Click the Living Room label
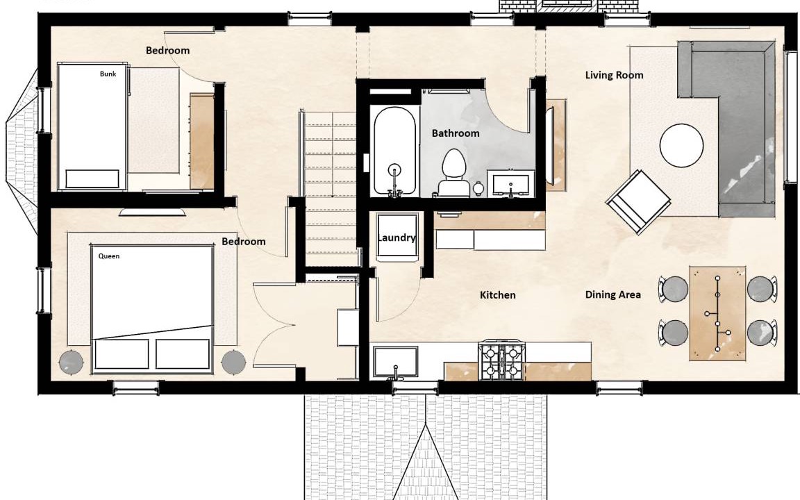pos(614,75)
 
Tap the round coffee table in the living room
pos(682,145)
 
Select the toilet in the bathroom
pos(453,172)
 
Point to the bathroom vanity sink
pos(510,183)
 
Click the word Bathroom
pos(456,133)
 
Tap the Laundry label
pos(397,237)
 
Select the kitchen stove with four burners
pos(501,362)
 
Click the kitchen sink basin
pos(395,362)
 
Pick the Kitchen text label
pos(497,295)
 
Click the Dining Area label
pos(612,294)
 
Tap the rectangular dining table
pos(717,312)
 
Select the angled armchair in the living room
pos(637,202)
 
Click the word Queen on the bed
pos(108,256)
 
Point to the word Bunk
pos(108,74)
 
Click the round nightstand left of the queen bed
pos(72,362)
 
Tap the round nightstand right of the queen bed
pos(233,362)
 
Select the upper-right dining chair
pos(762,289)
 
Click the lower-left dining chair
pos(673,333)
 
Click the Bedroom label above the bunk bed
pos(167,51)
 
